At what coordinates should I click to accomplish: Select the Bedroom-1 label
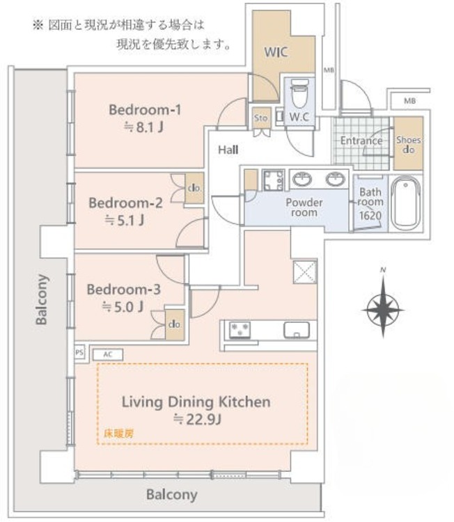145,110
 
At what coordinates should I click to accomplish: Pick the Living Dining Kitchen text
196,402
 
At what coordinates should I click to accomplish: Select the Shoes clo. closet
408,144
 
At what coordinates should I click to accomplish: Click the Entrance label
361,141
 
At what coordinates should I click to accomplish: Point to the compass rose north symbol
383,304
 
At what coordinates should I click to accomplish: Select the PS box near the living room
79,353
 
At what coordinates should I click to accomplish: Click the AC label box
107,354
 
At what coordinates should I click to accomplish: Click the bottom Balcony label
171,496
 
